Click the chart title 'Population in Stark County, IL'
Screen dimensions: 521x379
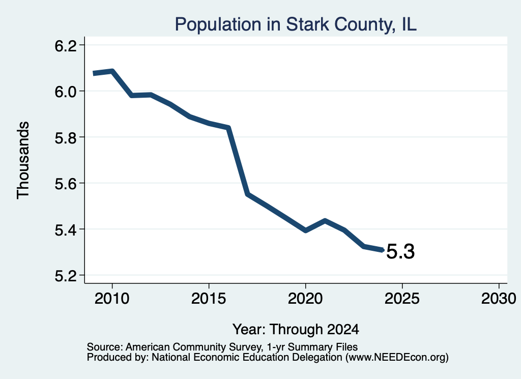(x=296, y=24)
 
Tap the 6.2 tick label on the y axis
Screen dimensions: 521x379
(x=65, y=46)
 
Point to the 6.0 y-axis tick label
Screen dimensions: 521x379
(x=65, y=92)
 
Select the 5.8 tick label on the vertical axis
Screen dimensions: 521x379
(x=65, y=137)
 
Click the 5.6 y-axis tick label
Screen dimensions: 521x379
(x=65, y=183)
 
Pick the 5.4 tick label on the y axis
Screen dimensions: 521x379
(x=65, y=229)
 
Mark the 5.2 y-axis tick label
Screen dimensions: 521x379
(x=65, y=276)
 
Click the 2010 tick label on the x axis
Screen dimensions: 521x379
(x=112, y=298)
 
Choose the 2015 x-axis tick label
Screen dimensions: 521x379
(x=209, y=298)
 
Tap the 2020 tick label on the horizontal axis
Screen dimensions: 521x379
(x=305, y=298)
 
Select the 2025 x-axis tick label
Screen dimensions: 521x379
(x=402, y=298)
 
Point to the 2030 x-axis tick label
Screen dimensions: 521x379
(x=499, y=298)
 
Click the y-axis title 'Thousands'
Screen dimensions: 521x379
(x=23, y=160)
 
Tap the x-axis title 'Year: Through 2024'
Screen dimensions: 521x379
(x=296, y=330)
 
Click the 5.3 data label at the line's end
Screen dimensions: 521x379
(x=401, y=251)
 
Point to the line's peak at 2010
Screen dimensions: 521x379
(x=112, y=71)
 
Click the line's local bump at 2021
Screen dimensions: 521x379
(x=325, y=221)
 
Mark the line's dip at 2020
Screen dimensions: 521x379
(x=305, y=230)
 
